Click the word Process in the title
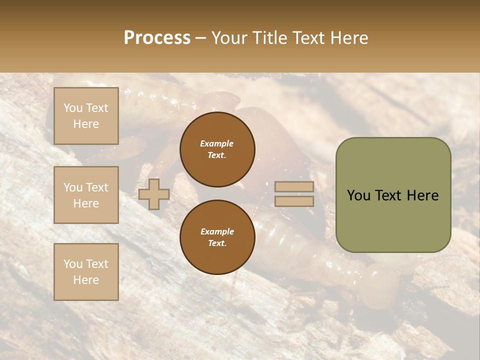[x=157, y=38]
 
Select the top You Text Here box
[x=86, y=116]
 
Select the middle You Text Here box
[x=86, y=195]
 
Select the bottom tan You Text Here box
[x=86, y=272]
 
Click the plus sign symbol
[x=154, y=194]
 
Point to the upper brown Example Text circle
[x=217, y=149]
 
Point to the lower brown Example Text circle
[x=217, y=237]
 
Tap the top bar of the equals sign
[x=294, y=187]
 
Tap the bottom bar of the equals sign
[x=294, y=201]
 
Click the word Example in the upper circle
[x=217, y=143]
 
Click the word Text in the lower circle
[x=217, y=243]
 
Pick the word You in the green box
[x=358, y=195]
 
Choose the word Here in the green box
[x=422, y=195]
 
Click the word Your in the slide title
[x=229, y=38]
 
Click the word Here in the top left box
[x=86, y=124]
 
